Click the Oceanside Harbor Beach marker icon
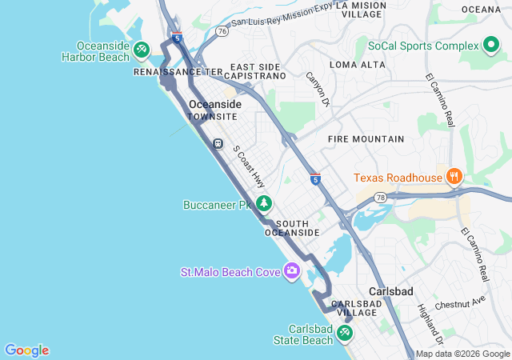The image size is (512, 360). click(x=142, y=50)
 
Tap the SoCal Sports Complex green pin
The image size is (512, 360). click(x=491, y=46)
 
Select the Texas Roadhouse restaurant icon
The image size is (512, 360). click(x=454, y=177)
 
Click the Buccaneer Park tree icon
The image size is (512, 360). click(x=263, y=205)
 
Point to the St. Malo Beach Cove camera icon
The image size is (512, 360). click(x=291, y=272)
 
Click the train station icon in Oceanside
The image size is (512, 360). click(x=217, y=144)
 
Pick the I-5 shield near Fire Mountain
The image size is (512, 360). click(x=316, y=180)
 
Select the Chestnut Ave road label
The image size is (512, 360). click(x=460, y=303)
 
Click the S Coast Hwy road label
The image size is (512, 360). click(x=249, y=166)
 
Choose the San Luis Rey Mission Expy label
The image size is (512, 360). click(x=280, y=19)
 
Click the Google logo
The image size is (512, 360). click(x=26, y=350)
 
